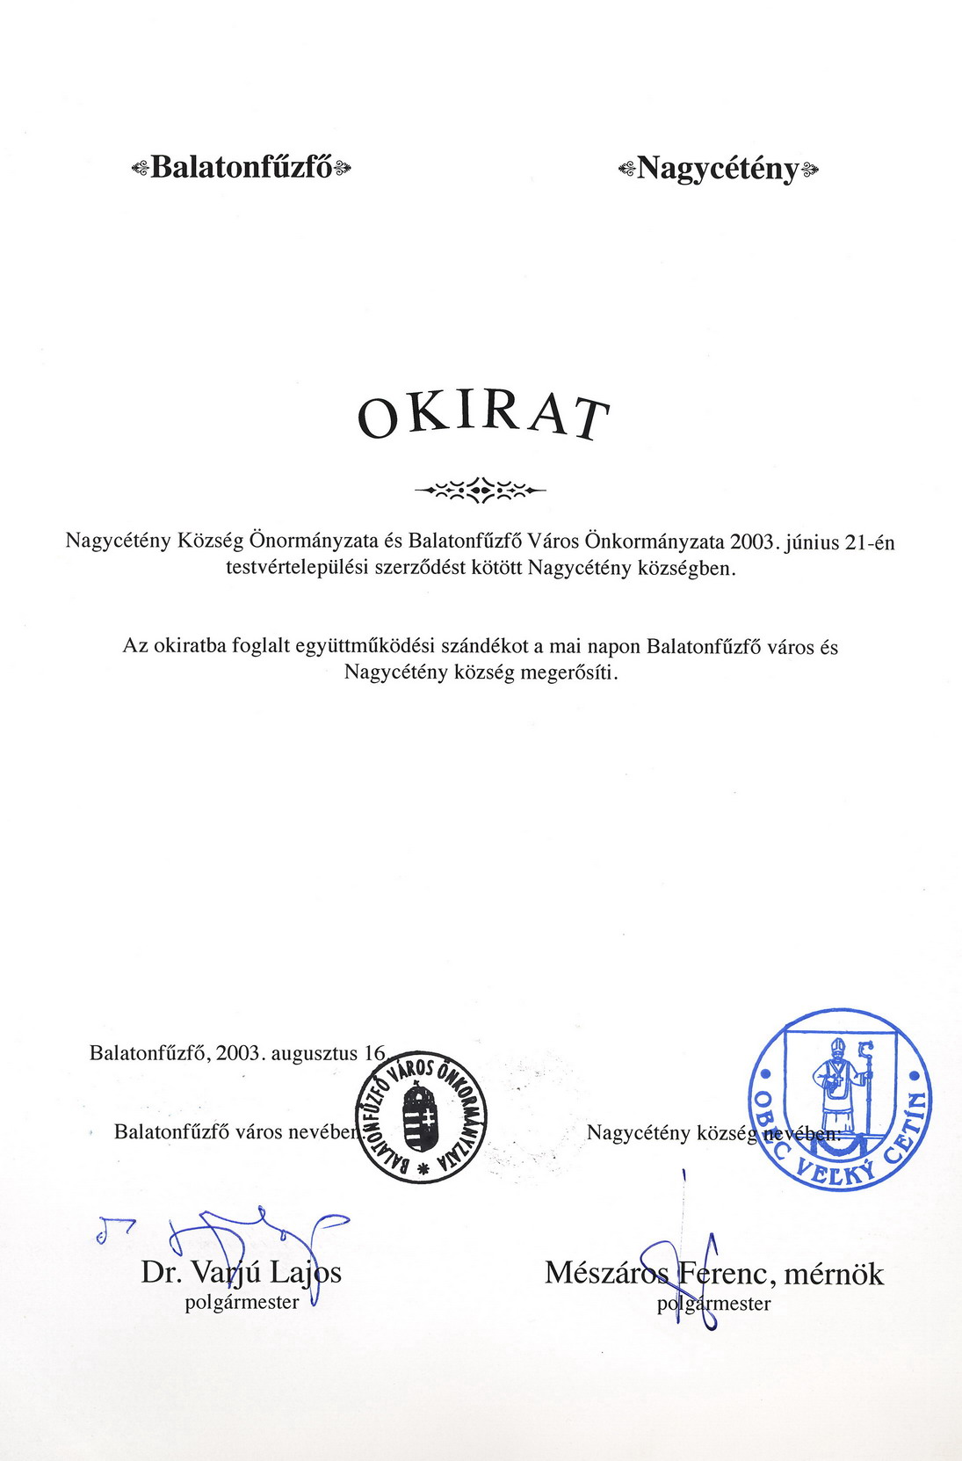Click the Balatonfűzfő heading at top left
241,167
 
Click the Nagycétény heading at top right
718,168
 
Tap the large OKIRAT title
482,417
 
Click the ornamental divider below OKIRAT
480,489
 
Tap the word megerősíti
569,673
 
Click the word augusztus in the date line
314,1053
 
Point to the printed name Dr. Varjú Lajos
242,1272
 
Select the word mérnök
834,1274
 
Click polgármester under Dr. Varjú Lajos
242,1303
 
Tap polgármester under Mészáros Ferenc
713,1305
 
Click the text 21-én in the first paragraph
869,542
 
